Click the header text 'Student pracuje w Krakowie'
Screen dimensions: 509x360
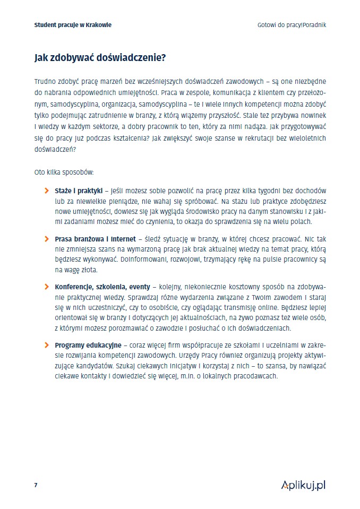click(x=73, y=25)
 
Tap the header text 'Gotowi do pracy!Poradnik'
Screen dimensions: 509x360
click(x=292, y=25)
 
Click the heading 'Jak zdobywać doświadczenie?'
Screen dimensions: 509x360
click(x=99, y=58)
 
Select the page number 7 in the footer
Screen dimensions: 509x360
click(x=36, y=485)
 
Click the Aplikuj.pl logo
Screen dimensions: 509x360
click(x=303, y=485)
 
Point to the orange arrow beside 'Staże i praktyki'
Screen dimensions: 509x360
click(x=47, y=190)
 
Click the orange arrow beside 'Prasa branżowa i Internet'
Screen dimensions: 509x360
click(x=47, y=238)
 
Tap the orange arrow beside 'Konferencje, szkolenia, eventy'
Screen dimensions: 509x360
click(x=47, y=287)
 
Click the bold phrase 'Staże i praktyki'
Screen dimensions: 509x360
click(x=79, y=190)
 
